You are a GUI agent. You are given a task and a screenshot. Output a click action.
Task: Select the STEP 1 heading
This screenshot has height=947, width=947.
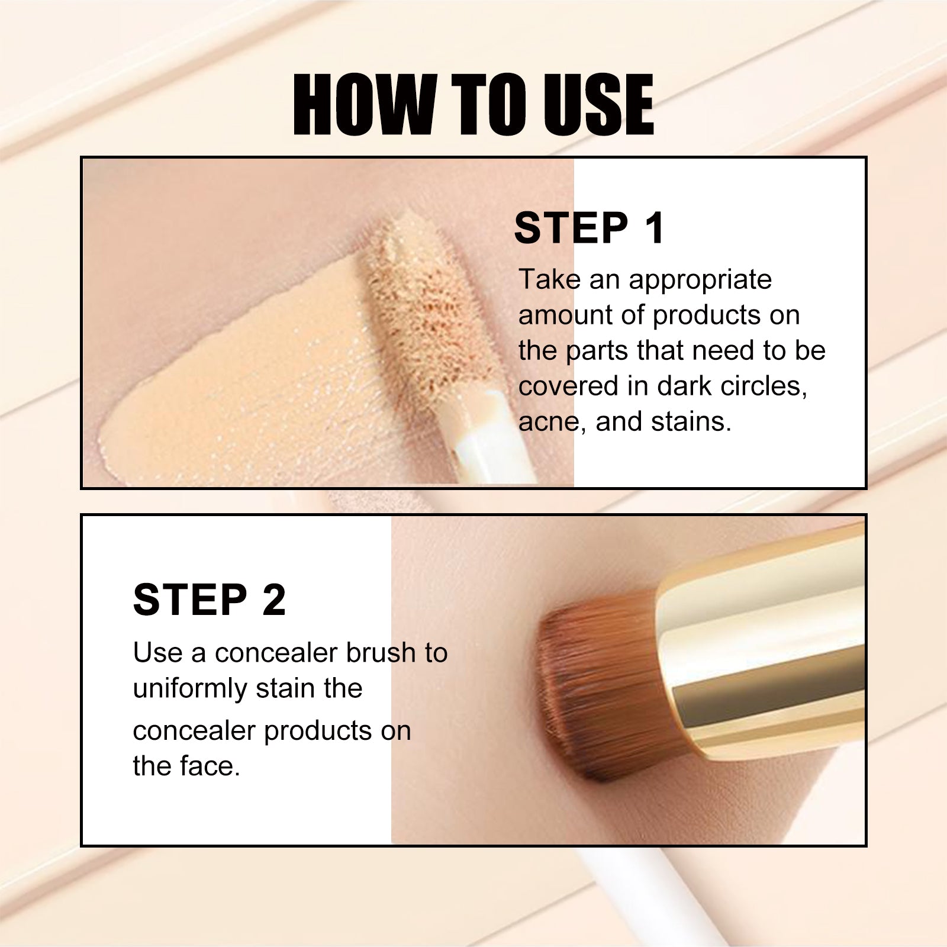590,228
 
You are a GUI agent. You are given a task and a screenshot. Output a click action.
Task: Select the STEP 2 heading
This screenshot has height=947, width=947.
210,600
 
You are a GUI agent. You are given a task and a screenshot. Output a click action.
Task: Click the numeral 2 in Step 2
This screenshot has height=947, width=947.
273,600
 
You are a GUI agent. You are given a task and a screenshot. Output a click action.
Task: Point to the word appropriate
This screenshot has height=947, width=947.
700,280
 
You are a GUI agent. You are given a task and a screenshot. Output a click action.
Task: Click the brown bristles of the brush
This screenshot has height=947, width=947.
598,681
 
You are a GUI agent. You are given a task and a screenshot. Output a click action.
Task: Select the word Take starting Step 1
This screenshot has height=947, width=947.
549,280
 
